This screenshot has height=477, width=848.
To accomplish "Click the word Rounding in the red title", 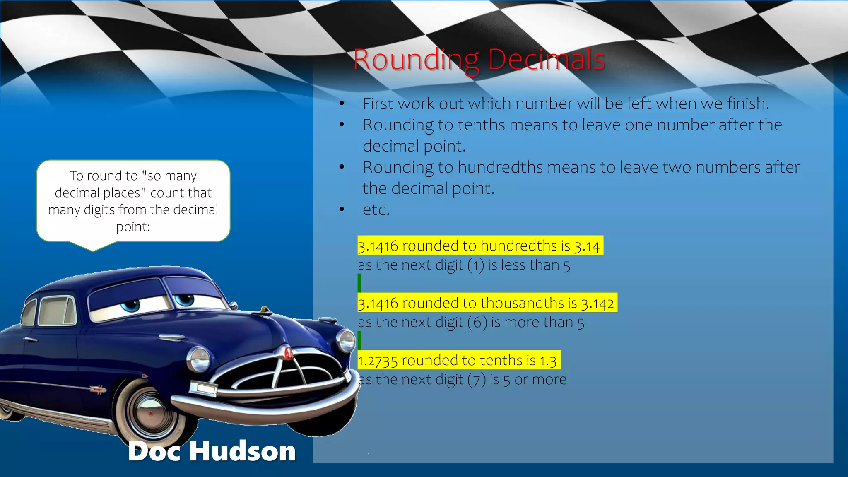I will [x=417, y=60].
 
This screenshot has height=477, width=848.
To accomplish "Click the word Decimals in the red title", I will [x=547, y=60].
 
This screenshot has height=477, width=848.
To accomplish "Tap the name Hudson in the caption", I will [x=243, y=451].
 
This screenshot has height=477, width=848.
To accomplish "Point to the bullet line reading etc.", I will [x=376, y=210].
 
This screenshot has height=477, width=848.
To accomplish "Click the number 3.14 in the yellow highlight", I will [x=587, y=246].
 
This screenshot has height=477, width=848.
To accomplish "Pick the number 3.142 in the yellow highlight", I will [x=597, y=304].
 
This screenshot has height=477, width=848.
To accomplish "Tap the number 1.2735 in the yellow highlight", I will [x=378, y=361].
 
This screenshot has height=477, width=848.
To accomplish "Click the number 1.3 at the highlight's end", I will [x=548, y=361].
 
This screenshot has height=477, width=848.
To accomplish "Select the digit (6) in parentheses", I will [x=477, y=323].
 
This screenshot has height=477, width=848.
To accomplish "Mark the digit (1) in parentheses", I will [x=475, y=265].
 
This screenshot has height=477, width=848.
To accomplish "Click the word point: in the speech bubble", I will [x=133, y=227].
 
